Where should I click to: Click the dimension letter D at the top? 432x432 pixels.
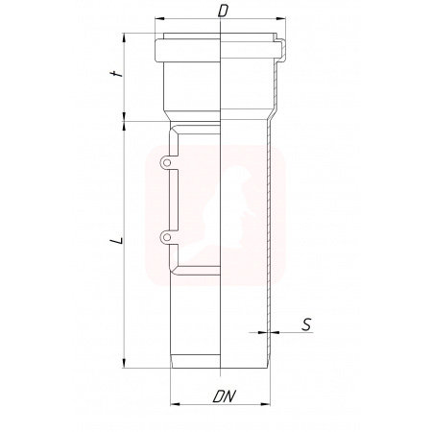223,12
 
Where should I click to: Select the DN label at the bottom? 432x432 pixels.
224,396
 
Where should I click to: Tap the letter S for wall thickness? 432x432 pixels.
306,324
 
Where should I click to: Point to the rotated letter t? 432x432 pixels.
117,74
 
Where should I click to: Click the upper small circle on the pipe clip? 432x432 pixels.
166,163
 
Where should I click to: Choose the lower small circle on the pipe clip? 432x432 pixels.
166,237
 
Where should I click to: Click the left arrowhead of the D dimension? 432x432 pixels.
159,19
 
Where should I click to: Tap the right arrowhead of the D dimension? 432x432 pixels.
281,19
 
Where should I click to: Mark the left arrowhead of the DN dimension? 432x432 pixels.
175,404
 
